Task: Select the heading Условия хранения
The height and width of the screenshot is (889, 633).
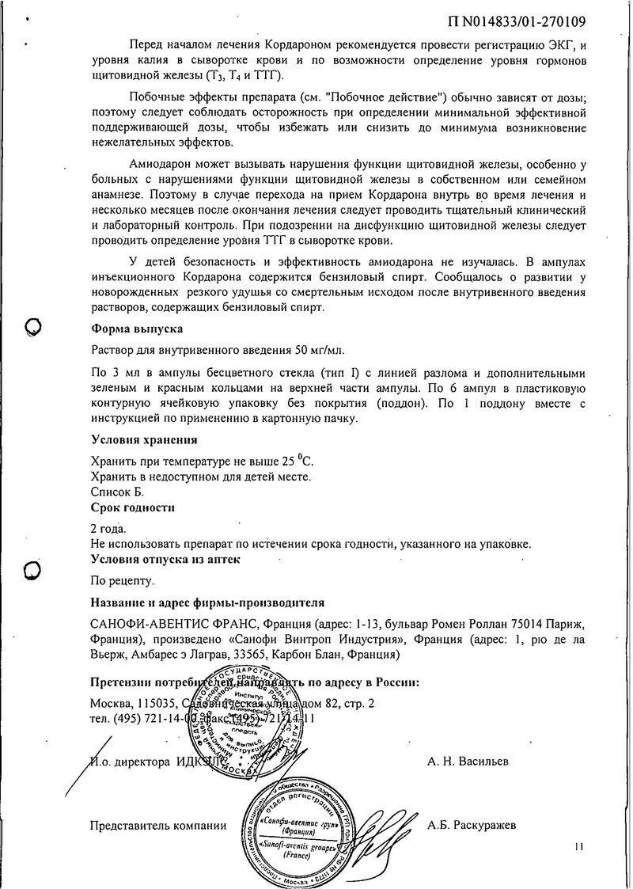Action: pyautogui.click(x=144, y=439)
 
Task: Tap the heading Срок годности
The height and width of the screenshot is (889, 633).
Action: pyautogui.click(x=133, y=507)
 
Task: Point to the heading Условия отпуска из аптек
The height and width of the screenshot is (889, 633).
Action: pyautogui.click(x=165, y=559)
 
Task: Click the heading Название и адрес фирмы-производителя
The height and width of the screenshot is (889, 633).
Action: pyautogui.click(x=207, y=603)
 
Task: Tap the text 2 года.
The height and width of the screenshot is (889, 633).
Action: pyautogui.click(x=108, y=528)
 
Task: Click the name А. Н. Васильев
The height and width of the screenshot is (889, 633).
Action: pyautogui.click(x=468, y=762)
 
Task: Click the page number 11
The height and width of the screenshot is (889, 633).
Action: pyautogui.click(x=578, y=847)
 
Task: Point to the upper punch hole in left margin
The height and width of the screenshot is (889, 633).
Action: pyautogui.click(x=33, y=326)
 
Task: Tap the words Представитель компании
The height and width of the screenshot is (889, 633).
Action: pyautogui.click(x=158, y=826)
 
